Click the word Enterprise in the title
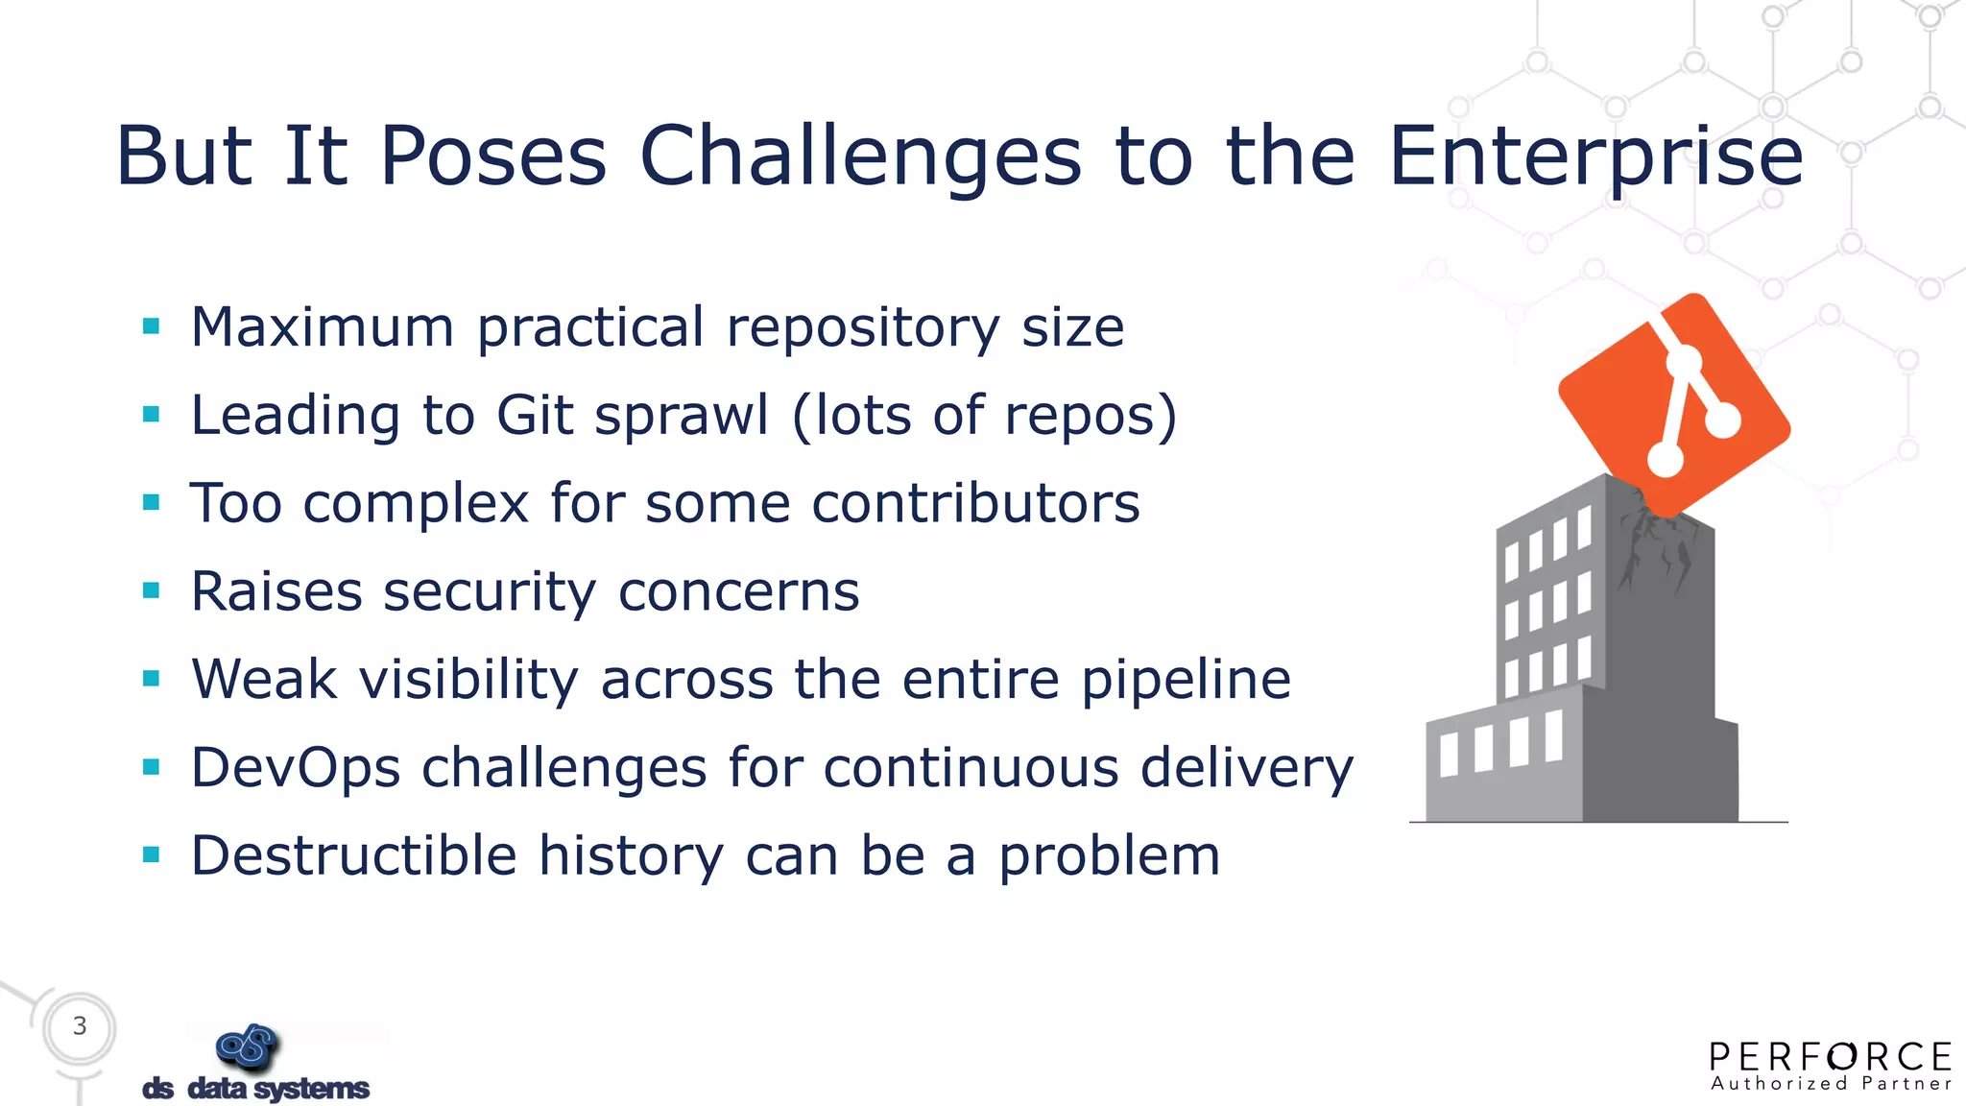[1595, 156]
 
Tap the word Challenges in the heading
[860, 157]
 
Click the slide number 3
[80, 1026]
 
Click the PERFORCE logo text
[1831, 1057]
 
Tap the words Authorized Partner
[1831, 1085]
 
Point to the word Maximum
[322, 327]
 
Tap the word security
[490, 592]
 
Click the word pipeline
[1186, 681]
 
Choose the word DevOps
[296, 768]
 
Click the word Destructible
[354, 855]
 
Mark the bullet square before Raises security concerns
[151, 590]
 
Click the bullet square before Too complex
[151, 502]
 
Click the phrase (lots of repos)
[985, 416]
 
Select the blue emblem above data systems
[248, 1046]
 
